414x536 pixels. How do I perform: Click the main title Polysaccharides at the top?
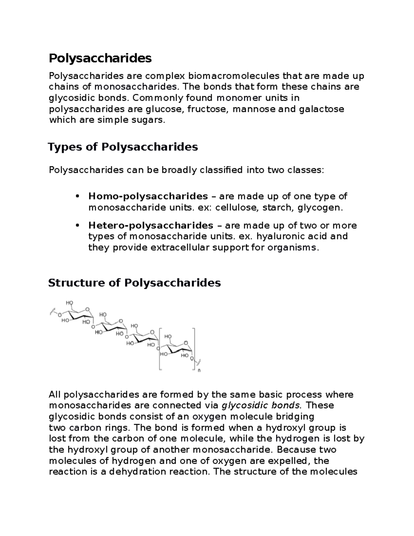pyautogui.click(x=100, y=58)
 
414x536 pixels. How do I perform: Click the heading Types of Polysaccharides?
pyautogui.click(x=123, y=147)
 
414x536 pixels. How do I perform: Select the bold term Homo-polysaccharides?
pyautogui.click(x=148, y=196)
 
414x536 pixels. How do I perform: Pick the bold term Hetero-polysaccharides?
pyautogui.click(x=151, y=225)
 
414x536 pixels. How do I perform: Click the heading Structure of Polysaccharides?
pyautogui.click(x=134, y=283)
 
